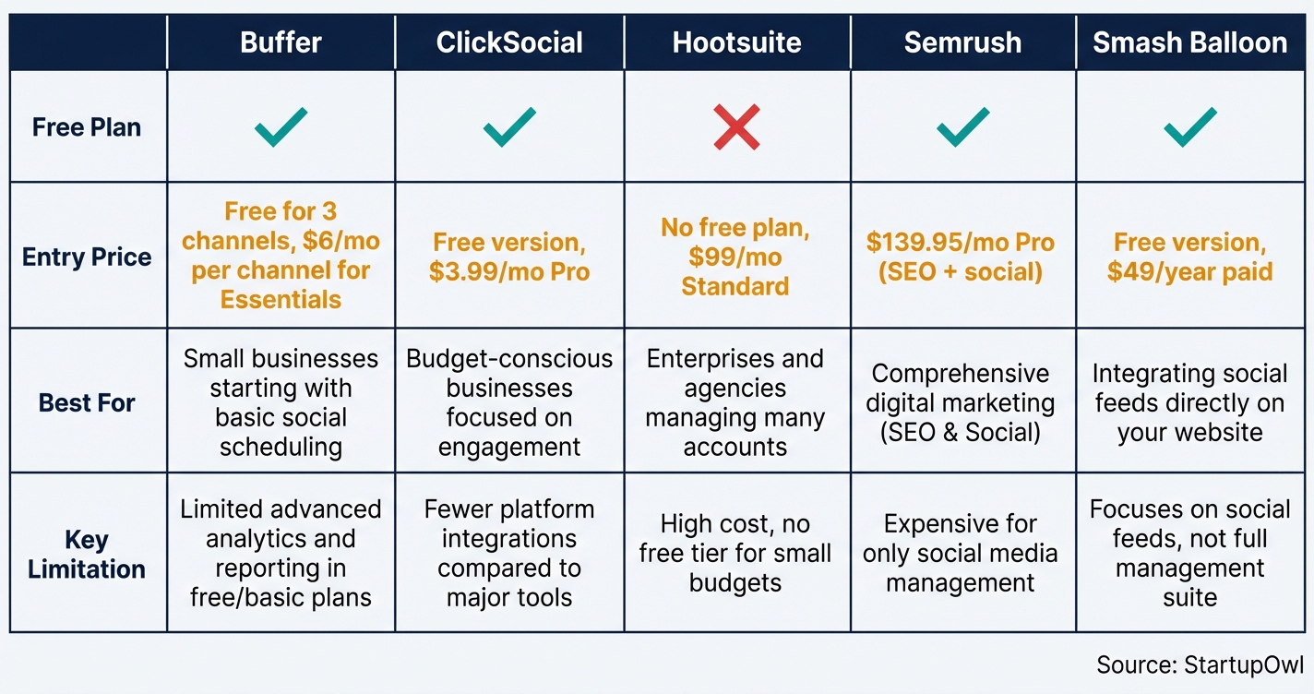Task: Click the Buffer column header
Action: (x=281, y=42)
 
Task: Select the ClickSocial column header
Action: (x=509, y=42)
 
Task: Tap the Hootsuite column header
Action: (x=736, y=42)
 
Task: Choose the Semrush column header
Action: (x=962, y=42)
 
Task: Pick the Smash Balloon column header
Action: (x=1190, y=42)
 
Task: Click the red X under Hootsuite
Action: (x=736, y=127)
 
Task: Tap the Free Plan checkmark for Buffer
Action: (x=281, y=127)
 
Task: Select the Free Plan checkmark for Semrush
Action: (x=962, y=127)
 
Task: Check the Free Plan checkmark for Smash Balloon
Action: (x=1190, y=127)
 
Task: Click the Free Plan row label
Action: (x=87, y=127)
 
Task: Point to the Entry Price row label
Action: (x=87, y=257)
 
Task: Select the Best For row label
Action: (x=87, y=403)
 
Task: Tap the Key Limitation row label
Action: (x=87, y=554)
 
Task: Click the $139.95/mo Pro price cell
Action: (x=962, y=257)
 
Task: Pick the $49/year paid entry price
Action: (x=1190, y=257)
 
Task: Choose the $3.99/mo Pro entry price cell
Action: (x=509, y=257)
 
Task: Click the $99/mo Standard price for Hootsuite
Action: (x=736, y=257)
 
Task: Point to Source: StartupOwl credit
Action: (x=1200, y=665)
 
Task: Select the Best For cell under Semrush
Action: (x=962, y=402)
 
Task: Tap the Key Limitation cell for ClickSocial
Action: (x=509, y=553)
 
